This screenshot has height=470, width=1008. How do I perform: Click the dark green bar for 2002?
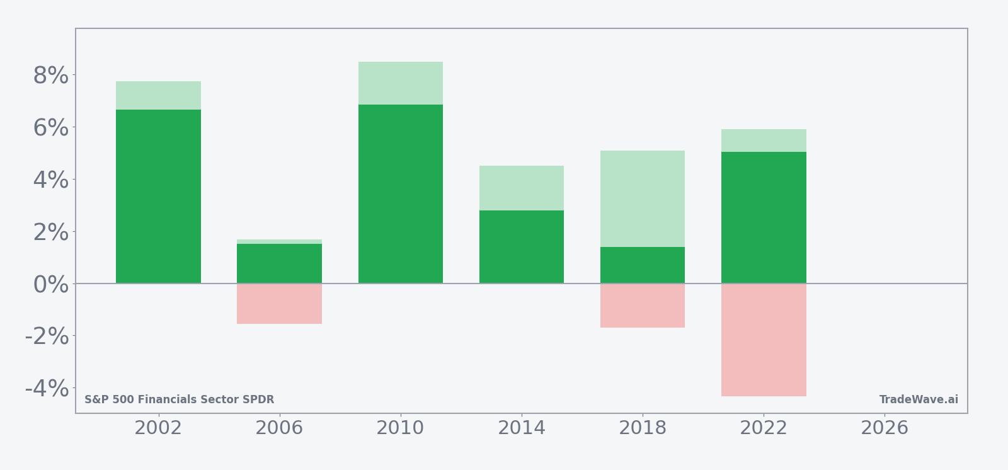[x=158, y=197]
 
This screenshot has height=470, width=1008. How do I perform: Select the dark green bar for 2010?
[x=401, y=194]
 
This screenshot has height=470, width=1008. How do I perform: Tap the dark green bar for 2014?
[x=522, y=247]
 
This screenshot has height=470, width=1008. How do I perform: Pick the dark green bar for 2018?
[x=643, y=265]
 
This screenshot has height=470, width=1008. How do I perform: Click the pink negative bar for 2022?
[x=764, y=340]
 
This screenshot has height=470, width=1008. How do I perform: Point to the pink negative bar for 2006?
[x=279, y=304]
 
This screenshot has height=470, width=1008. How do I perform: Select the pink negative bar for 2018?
[x=643, y=306]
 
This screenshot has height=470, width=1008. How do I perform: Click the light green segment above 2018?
[x=643, y=198]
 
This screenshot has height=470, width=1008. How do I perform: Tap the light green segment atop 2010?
[x=401, y=83]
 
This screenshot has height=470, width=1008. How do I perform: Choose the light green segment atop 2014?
[x=522, y=188]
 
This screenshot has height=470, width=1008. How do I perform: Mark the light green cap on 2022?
[x=764, y=140]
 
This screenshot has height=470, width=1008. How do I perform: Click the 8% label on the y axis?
[x=50, y=76]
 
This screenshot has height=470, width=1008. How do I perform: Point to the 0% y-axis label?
[x=50, y=285]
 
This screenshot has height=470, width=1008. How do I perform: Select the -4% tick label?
[x=47, y=389]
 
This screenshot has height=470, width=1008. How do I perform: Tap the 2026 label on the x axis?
[x=885, y=428]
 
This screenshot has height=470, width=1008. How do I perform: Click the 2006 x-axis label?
[x=279, y=428]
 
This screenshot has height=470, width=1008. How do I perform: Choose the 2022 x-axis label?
[x=764, y=428]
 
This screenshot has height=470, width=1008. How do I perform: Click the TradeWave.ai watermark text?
[x=919, y=400]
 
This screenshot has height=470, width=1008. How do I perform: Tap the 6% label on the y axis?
[x=50, y=128]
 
